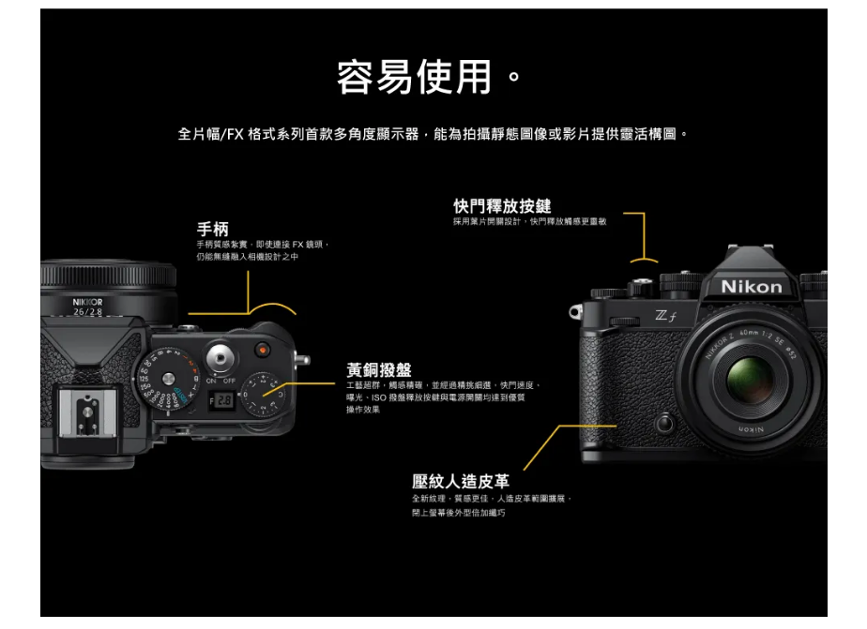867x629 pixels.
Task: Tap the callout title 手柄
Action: click(212, 229)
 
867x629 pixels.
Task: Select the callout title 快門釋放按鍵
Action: click(502, 205)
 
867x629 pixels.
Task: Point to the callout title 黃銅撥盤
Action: click(378, 371)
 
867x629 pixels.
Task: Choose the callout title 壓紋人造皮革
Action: click(461, 482)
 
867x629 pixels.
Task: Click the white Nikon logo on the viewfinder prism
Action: click(751, 287)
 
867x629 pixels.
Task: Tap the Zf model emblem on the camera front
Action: click(666, 318)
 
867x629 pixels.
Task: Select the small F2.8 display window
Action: click(221, 400)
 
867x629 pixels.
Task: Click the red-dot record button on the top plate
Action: click(263, 351)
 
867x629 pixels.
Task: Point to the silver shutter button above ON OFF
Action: click(222, 357)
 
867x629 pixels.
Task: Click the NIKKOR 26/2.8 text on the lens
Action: click(87, 307)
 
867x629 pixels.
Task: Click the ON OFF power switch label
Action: click(221, 382)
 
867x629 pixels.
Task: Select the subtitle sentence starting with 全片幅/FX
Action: click(433, 135)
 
